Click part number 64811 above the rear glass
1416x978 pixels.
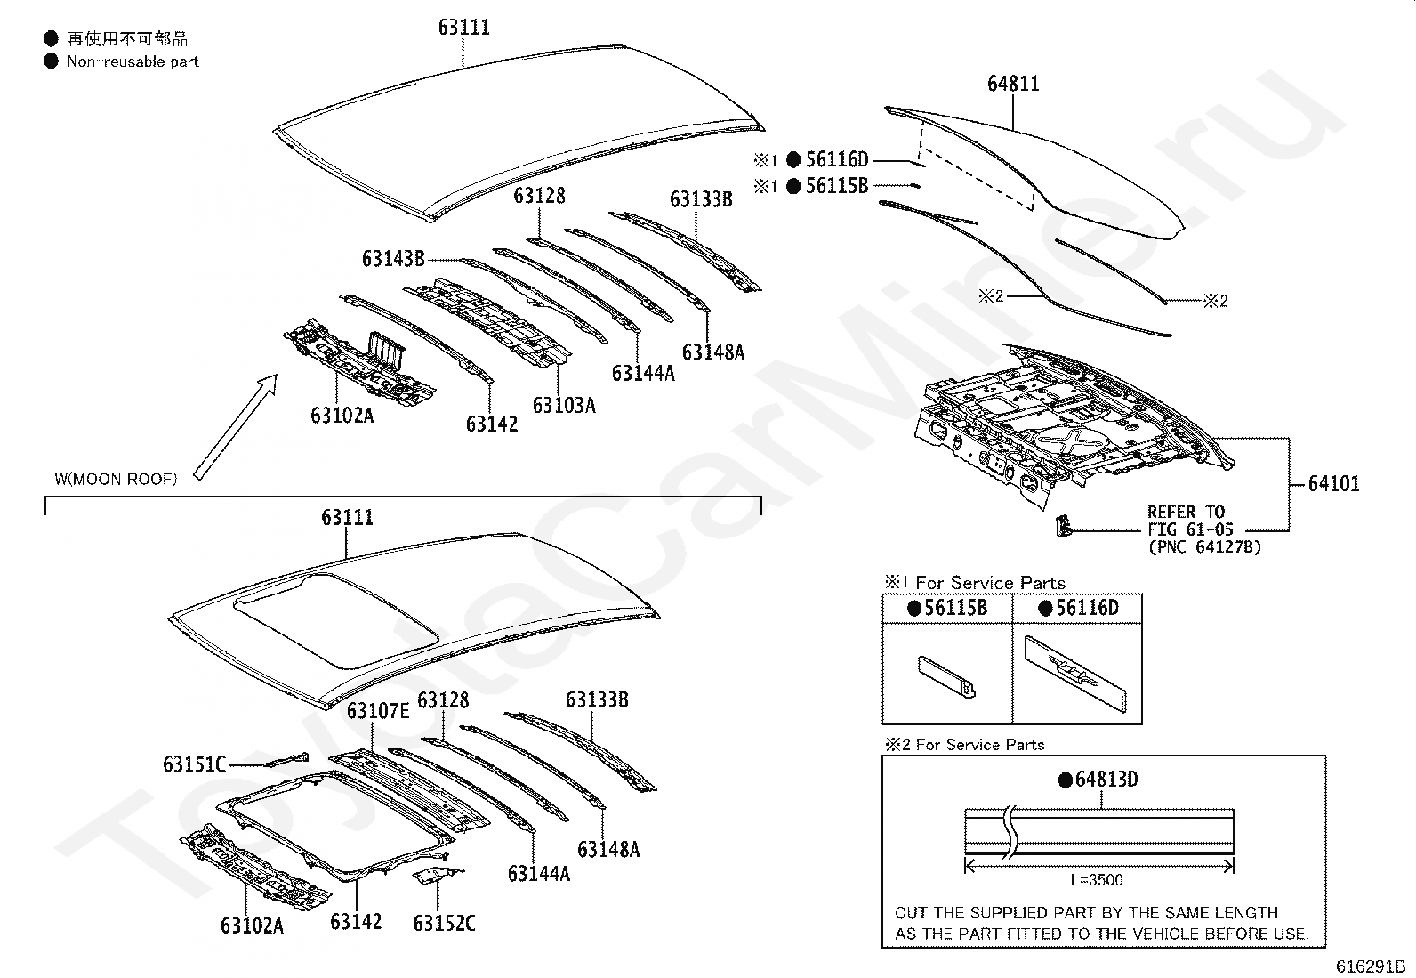coord(1013,84)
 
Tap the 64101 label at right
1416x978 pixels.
coord(1333,484)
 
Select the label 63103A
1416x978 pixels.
coord(564,405)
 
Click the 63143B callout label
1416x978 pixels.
coord(393,258)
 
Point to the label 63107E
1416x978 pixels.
coord(378,710)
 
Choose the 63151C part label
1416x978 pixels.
coord(194,764)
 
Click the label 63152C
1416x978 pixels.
coord(444,924)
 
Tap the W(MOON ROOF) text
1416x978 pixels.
coord(116,479)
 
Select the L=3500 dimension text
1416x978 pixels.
coord(1097,880)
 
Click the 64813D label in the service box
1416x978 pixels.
coord(1106,780)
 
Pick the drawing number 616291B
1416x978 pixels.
coord(1369,966)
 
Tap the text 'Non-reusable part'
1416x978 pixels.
coord(133,61)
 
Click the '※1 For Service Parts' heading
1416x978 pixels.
coord(974,583)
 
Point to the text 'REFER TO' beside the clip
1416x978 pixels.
coord(1186,512)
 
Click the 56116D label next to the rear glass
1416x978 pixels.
coord(836,160)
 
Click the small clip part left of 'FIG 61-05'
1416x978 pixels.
coord(1062,526)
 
